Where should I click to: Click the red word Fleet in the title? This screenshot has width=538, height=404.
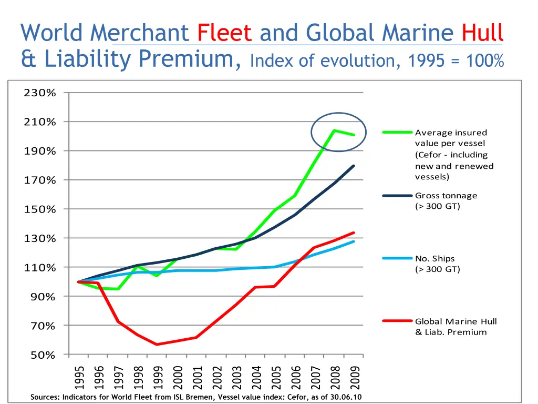click(x=224, y=33)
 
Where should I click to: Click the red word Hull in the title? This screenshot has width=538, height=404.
click(x=482, y=33)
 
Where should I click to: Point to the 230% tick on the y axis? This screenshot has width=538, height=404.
click(x=40, y=93)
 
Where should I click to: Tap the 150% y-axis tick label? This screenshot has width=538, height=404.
click(x=40, y=209)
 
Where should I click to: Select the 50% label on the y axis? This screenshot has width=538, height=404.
click(x=43, y=355)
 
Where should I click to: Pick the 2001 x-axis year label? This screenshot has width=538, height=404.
click(x=197, y=376)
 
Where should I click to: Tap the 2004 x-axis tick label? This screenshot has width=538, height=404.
click(x=256, y=376)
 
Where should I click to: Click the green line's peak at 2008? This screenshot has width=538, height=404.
click(x=335, y=130)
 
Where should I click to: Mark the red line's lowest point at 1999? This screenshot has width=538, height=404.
click(x=157, y=345)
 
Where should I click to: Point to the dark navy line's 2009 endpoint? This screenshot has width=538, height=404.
click(x=354, y=166)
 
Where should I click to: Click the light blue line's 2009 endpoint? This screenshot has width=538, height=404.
click(x=354, y=241)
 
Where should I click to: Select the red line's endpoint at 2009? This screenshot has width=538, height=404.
click(x=354, y=233)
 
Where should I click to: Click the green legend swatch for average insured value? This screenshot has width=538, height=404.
click(x=397, y=133)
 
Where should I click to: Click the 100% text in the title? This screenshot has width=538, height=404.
click(x=483, y=60)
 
